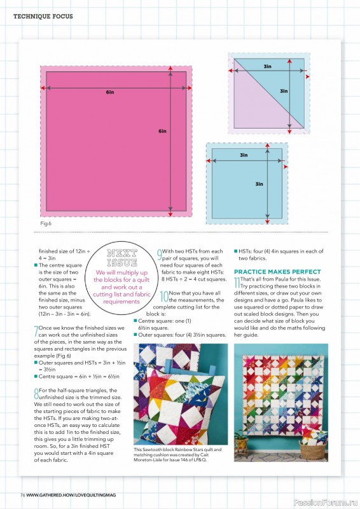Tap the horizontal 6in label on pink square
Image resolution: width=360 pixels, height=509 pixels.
(x=110, y=92)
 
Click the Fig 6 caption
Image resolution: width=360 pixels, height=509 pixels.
(x=45, y=224)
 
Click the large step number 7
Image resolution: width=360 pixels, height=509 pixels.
(x=36, y=331)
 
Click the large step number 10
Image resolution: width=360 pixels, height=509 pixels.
(x=164, y=296)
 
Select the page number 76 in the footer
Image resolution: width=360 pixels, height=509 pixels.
(x=22, y=494)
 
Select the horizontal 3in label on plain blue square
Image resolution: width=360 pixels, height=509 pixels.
(x=244, y=155)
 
